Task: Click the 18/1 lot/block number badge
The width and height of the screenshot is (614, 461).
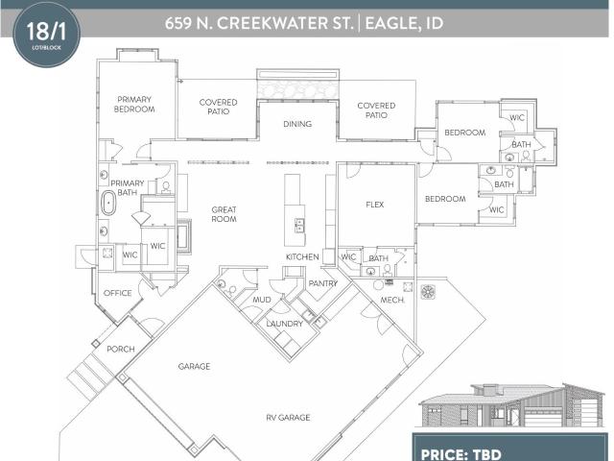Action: pyautogui.click(x=47, y=34)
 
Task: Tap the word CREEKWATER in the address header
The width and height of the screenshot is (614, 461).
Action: pyautogui.click(x=285, y=23)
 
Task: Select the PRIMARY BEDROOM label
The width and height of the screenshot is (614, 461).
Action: pyautogui.click(x=134, y=105)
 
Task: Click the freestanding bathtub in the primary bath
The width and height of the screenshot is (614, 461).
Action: pyautogui.click(x=108, y=203)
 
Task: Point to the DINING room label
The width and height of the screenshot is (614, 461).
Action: pyautogui.click(x=297, y=124)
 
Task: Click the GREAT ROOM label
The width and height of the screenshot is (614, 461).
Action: pyautogui.click(x=224, y=214)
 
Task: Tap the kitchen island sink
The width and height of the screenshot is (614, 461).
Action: pyautogui.click(x=300, y=227)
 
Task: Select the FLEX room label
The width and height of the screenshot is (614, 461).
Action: pyautogui.click(x=375, y=205)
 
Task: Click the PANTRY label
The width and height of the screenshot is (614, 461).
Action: pyautogui.click(x=323, y=283)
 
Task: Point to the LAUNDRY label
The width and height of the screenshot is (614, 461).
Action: pyautogui.click(x=285, y=324)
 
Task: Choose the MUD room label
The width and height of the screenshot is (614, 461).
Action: pyautogui.click(x=262, y=300)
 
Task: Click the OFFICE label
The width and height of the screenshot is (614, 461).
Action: pyautogui.click(x=117, y=293)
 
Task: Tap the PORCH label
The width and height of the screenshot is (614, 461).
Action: pyautogui.click(x=121, y=349)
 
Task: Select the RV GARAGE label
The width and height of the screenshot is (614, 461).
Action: pyautogui.click(x=288, y=418)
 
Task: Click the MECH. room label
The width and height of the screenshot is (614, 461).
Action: pyautogui.click(x=392, y=301)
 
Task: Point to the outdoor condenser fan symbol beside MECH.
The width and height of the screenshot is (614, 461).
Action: pyautogui.click(x=428, y=292)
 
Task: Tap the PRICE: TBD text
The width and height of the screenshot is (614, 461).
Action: pyautogui.click(x=460, y=454)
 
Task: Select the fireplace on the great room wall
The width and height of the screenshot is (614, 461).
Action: pyautogui.click(x=184, y=236)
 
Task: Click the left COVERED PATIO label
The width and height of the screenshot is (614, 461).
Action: pyautogui.click(x=218, y=107)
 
